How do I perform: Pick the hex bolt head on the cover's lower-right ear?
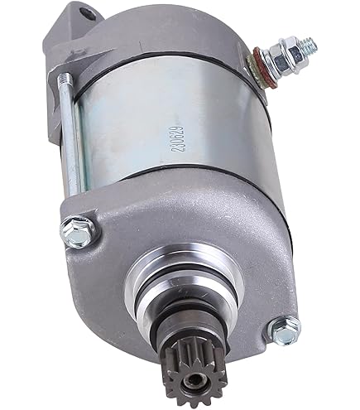(x=284, y=333)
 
